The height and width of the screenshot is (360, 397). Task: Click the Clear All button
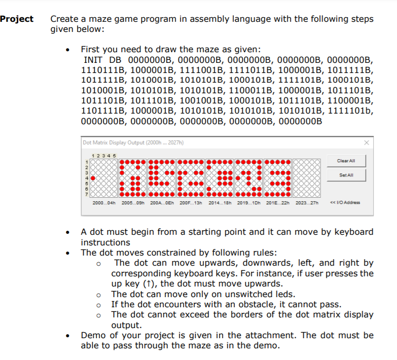345,161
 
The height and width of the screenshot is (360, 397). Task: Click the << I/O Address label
345,202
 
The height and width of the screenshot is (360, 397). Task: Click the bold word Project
17,19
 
